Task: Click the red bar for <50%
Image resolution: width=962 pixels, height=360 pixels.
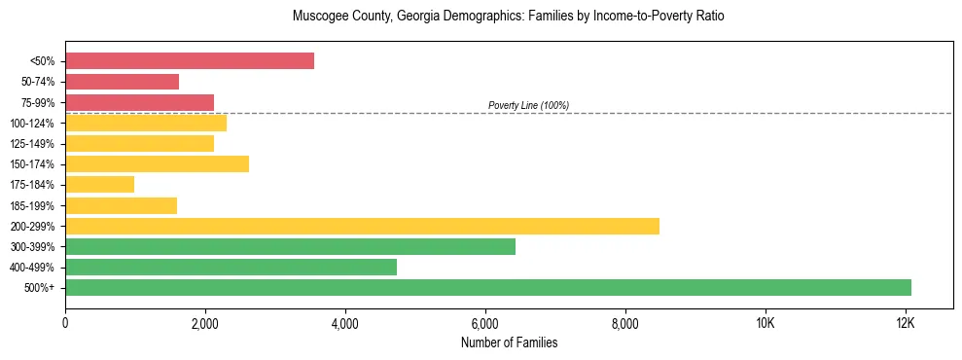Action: click(x=190, y=61)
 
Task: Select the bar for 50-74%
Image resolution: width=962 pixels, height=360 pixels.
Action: click(x=122, y=82)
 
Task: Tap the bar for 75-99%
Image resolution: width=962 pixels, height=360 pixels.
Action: click(x=139, y=102)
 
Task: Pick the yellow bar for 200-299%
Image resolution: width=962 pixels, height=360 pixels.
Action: click(x=362, y=226)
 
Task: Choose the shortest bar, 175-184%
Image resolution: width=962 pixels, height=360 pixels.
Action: click(x=99, y=185)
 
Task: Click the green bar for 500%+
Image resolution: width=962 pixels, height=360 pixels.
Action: click(x=488, y=287)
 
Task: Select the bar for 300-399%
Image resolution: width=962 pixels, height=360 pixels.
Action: click(x=290, y=246)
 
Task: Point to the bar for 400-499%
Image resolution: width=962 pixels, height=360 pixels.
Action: click(x=231, y=267)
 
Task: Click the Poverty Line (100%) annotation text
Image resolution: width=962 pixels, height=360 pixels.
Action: click(x=528, y=105)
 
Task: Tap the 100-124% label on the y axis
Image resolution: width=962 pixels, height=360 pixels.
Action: click(x=32, y=124)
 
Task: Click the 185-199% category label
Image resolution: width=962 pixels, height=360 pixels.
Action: click(x=32, y=205)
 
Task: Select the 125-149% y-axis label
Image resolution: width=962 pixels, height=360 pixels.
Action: click(x=32, y=144)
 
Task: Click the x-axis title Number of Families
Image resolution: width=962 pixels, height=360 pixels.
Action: click(x=509, y=342)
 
